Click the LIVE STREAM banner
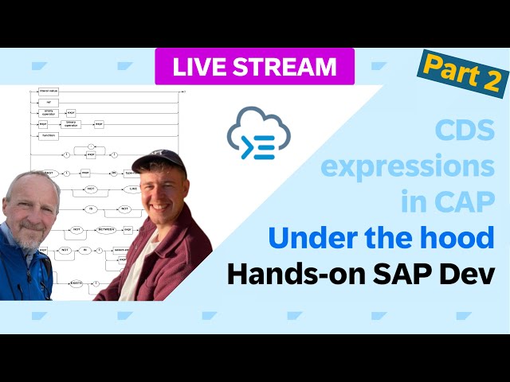254,67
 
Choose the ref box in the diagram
48,103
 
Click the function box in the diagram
49,136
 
